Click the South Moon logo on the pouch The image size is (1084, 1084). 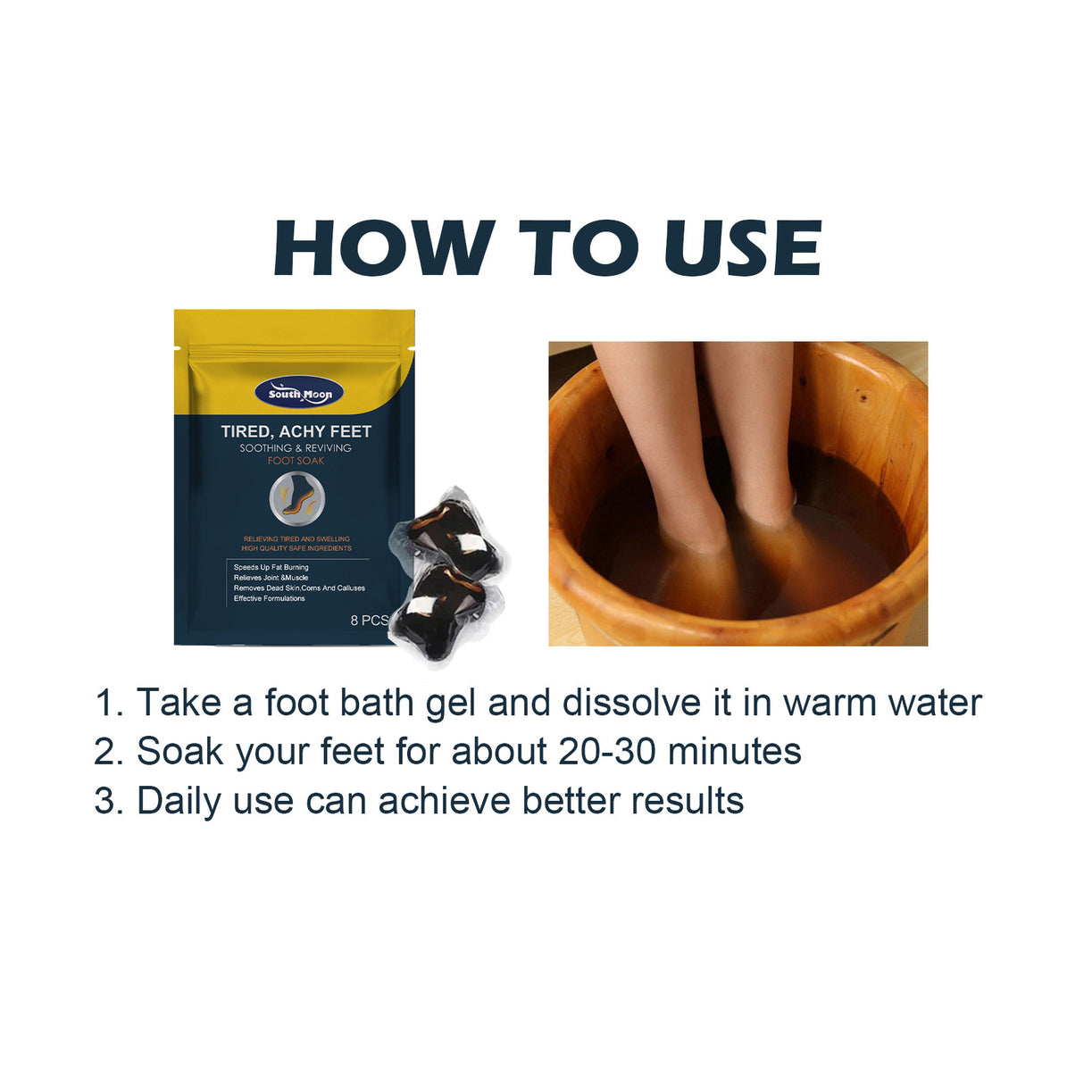pos(299,394)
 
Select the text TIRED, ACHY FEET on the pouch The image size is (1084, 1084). pos(296,431)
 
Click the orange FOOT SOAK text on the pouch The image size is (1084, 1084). pos(296,461)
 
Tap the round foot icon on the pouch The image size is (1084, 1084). pos(296,500)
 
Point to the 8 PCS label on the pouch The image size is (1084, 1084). pos(369,620)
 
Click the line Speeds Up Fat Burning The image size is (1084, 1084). pos(271,567)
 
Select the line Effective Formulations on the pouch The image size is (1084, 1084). pos(269,598)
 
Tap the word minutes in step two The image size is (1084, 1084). pos(734,752)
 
